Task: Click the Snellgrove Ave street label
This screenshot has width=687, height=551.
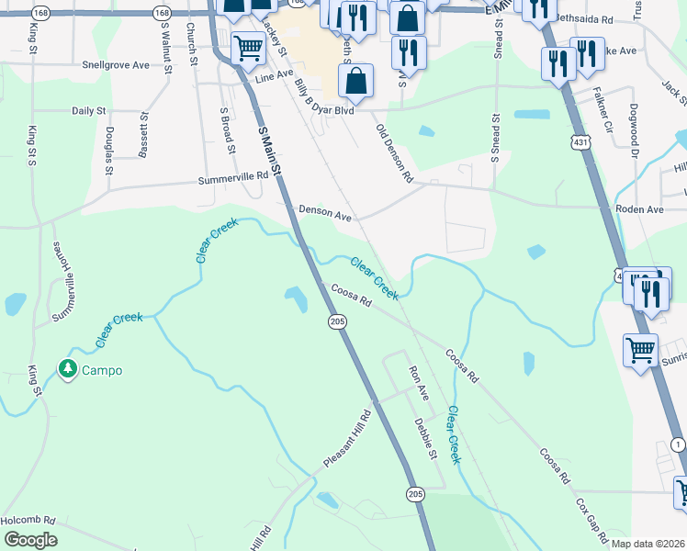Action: [115, 66]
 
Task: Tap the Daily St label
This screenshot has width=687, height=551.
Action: [88, 110]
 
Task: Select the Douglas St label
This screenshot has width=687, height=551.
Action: [108, 151]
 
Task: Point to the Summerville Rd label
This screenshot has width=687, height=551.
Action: [228, 181]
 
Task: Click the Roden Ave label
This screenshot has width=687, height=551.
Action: [641, 209]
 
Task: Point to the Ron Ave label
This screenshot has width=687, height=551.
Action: [419, 382]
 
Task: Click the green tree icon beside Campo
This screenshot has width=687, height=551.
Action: [67, 369]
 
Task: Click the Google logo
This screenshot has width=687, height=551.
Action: [30, 540]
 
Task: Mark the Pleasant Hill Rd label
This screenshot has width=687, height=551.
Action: [346, 440]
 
